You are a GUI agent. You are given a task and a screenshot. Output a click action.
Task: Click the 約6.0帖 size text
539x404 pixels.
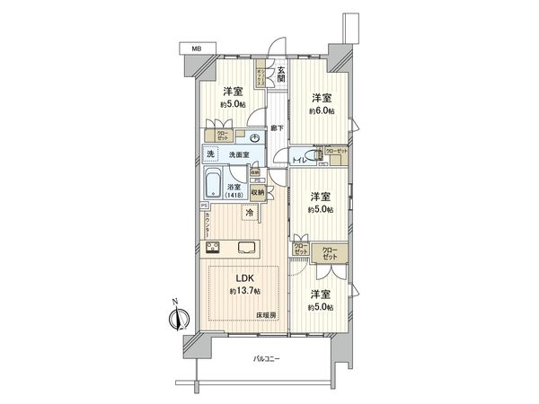click(321, 110)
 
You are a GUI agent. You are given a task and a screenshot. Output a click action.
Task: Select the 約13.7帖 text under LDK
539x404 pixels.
click(244, 292)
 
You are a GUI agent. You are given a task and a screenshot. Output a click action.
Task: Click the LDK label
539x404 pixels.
click(243, 278)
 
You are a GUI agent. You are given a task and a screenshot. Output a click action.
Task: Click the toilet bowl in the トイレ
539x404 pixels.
click(316, 158)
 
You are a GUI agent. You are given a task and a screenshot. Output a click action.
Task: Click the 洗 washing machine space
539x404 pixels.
click(210, 154)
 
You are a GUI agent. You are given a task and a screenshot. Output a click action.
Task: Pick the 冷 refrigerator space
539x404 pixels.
click(248, 214)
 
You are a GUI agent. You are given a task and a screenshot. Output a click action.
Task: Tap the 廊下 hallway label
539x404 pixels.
click(279, 128)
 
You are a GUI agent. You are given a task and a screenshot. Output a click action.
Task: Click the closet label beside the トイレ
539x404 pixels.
click(335, 154)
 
